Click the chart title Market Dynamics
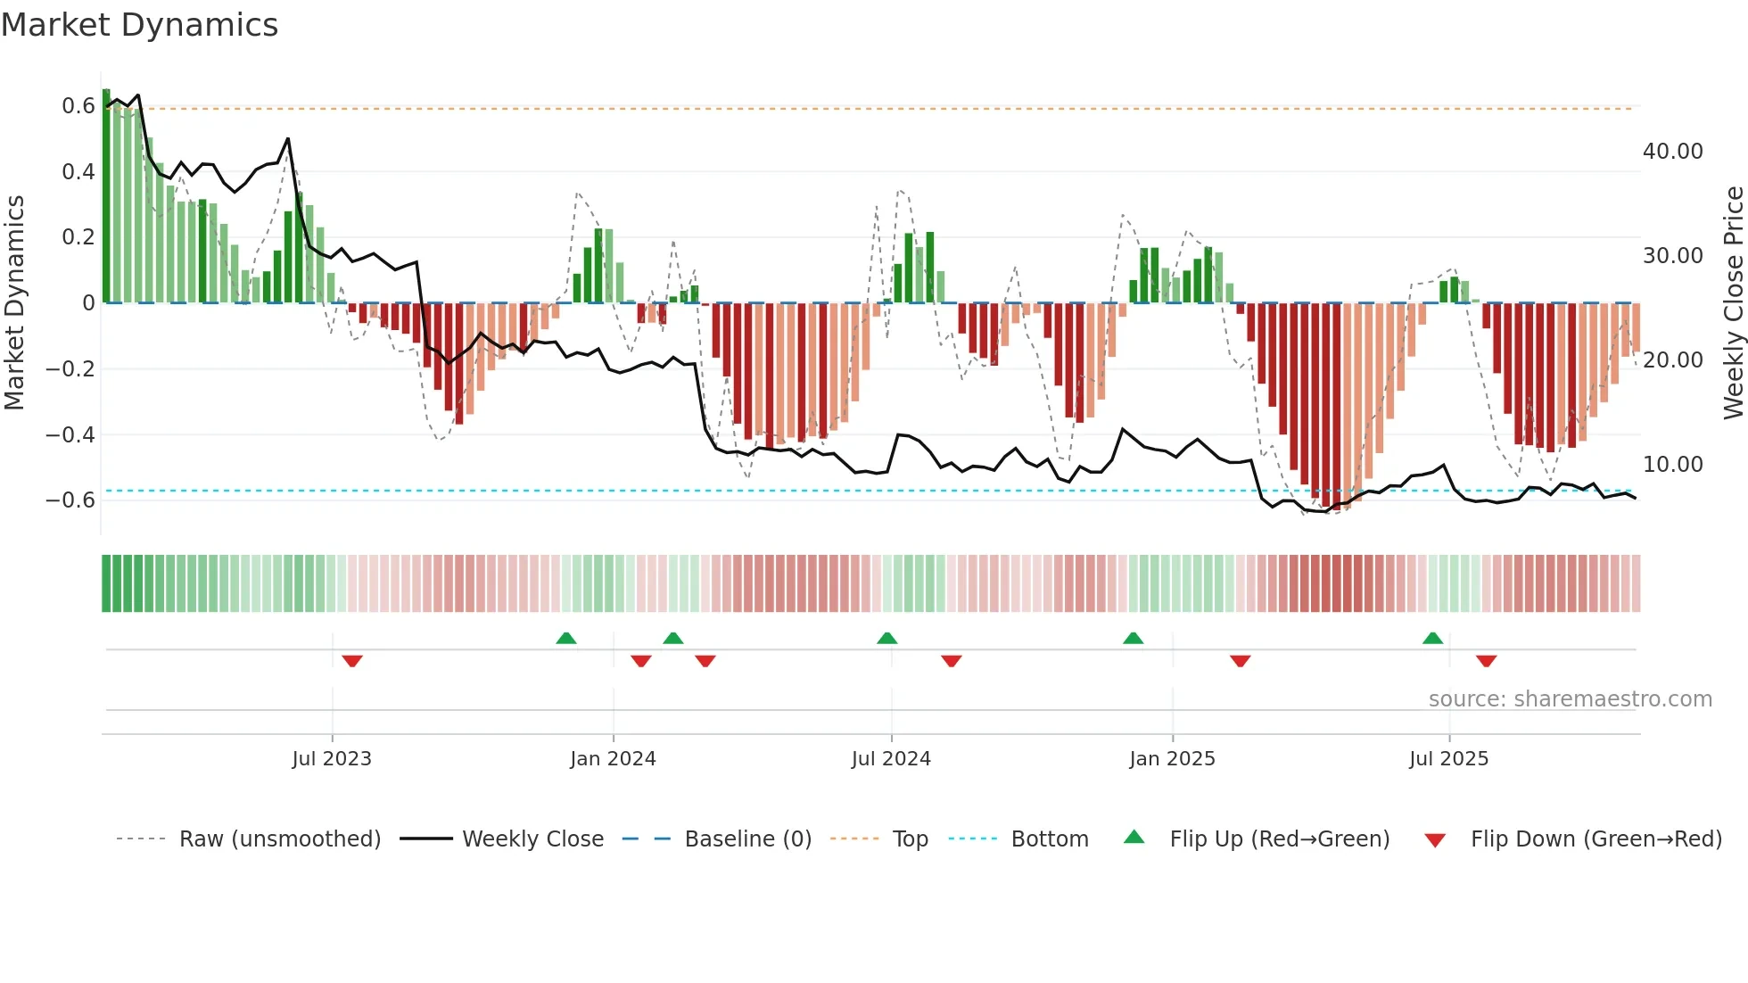click(139, 25)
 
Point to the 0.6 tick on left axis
click(78, 106)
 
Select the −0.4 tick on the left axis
click(70, 434)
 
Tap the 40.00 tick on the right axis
click(1672, 152)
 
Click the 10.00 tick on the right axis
click(1672, 465)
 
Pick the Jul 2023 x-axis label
click(332, 759)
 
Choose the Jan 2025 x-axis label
click(1172, 759)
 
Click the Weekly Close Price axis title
click(1733, 302)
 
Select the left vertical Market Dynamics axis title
click(14, 302)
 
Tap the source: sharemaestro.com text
click(1570, 699)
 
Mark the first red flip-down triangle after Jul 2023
click(352, 661)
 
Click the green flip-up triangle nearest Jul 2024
click(886, 638)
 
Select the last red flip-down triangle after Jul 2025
click(1486, 661)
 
